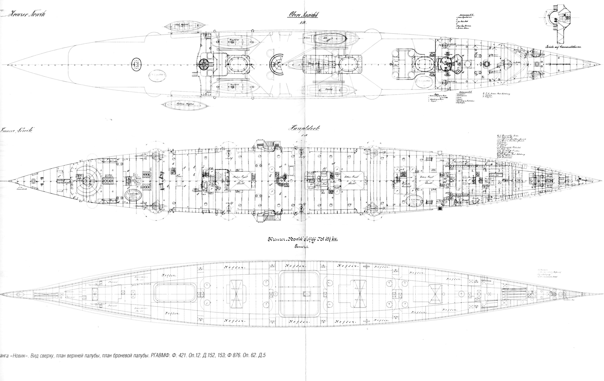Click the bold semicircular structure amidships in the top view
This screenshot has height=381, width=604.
278,65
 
